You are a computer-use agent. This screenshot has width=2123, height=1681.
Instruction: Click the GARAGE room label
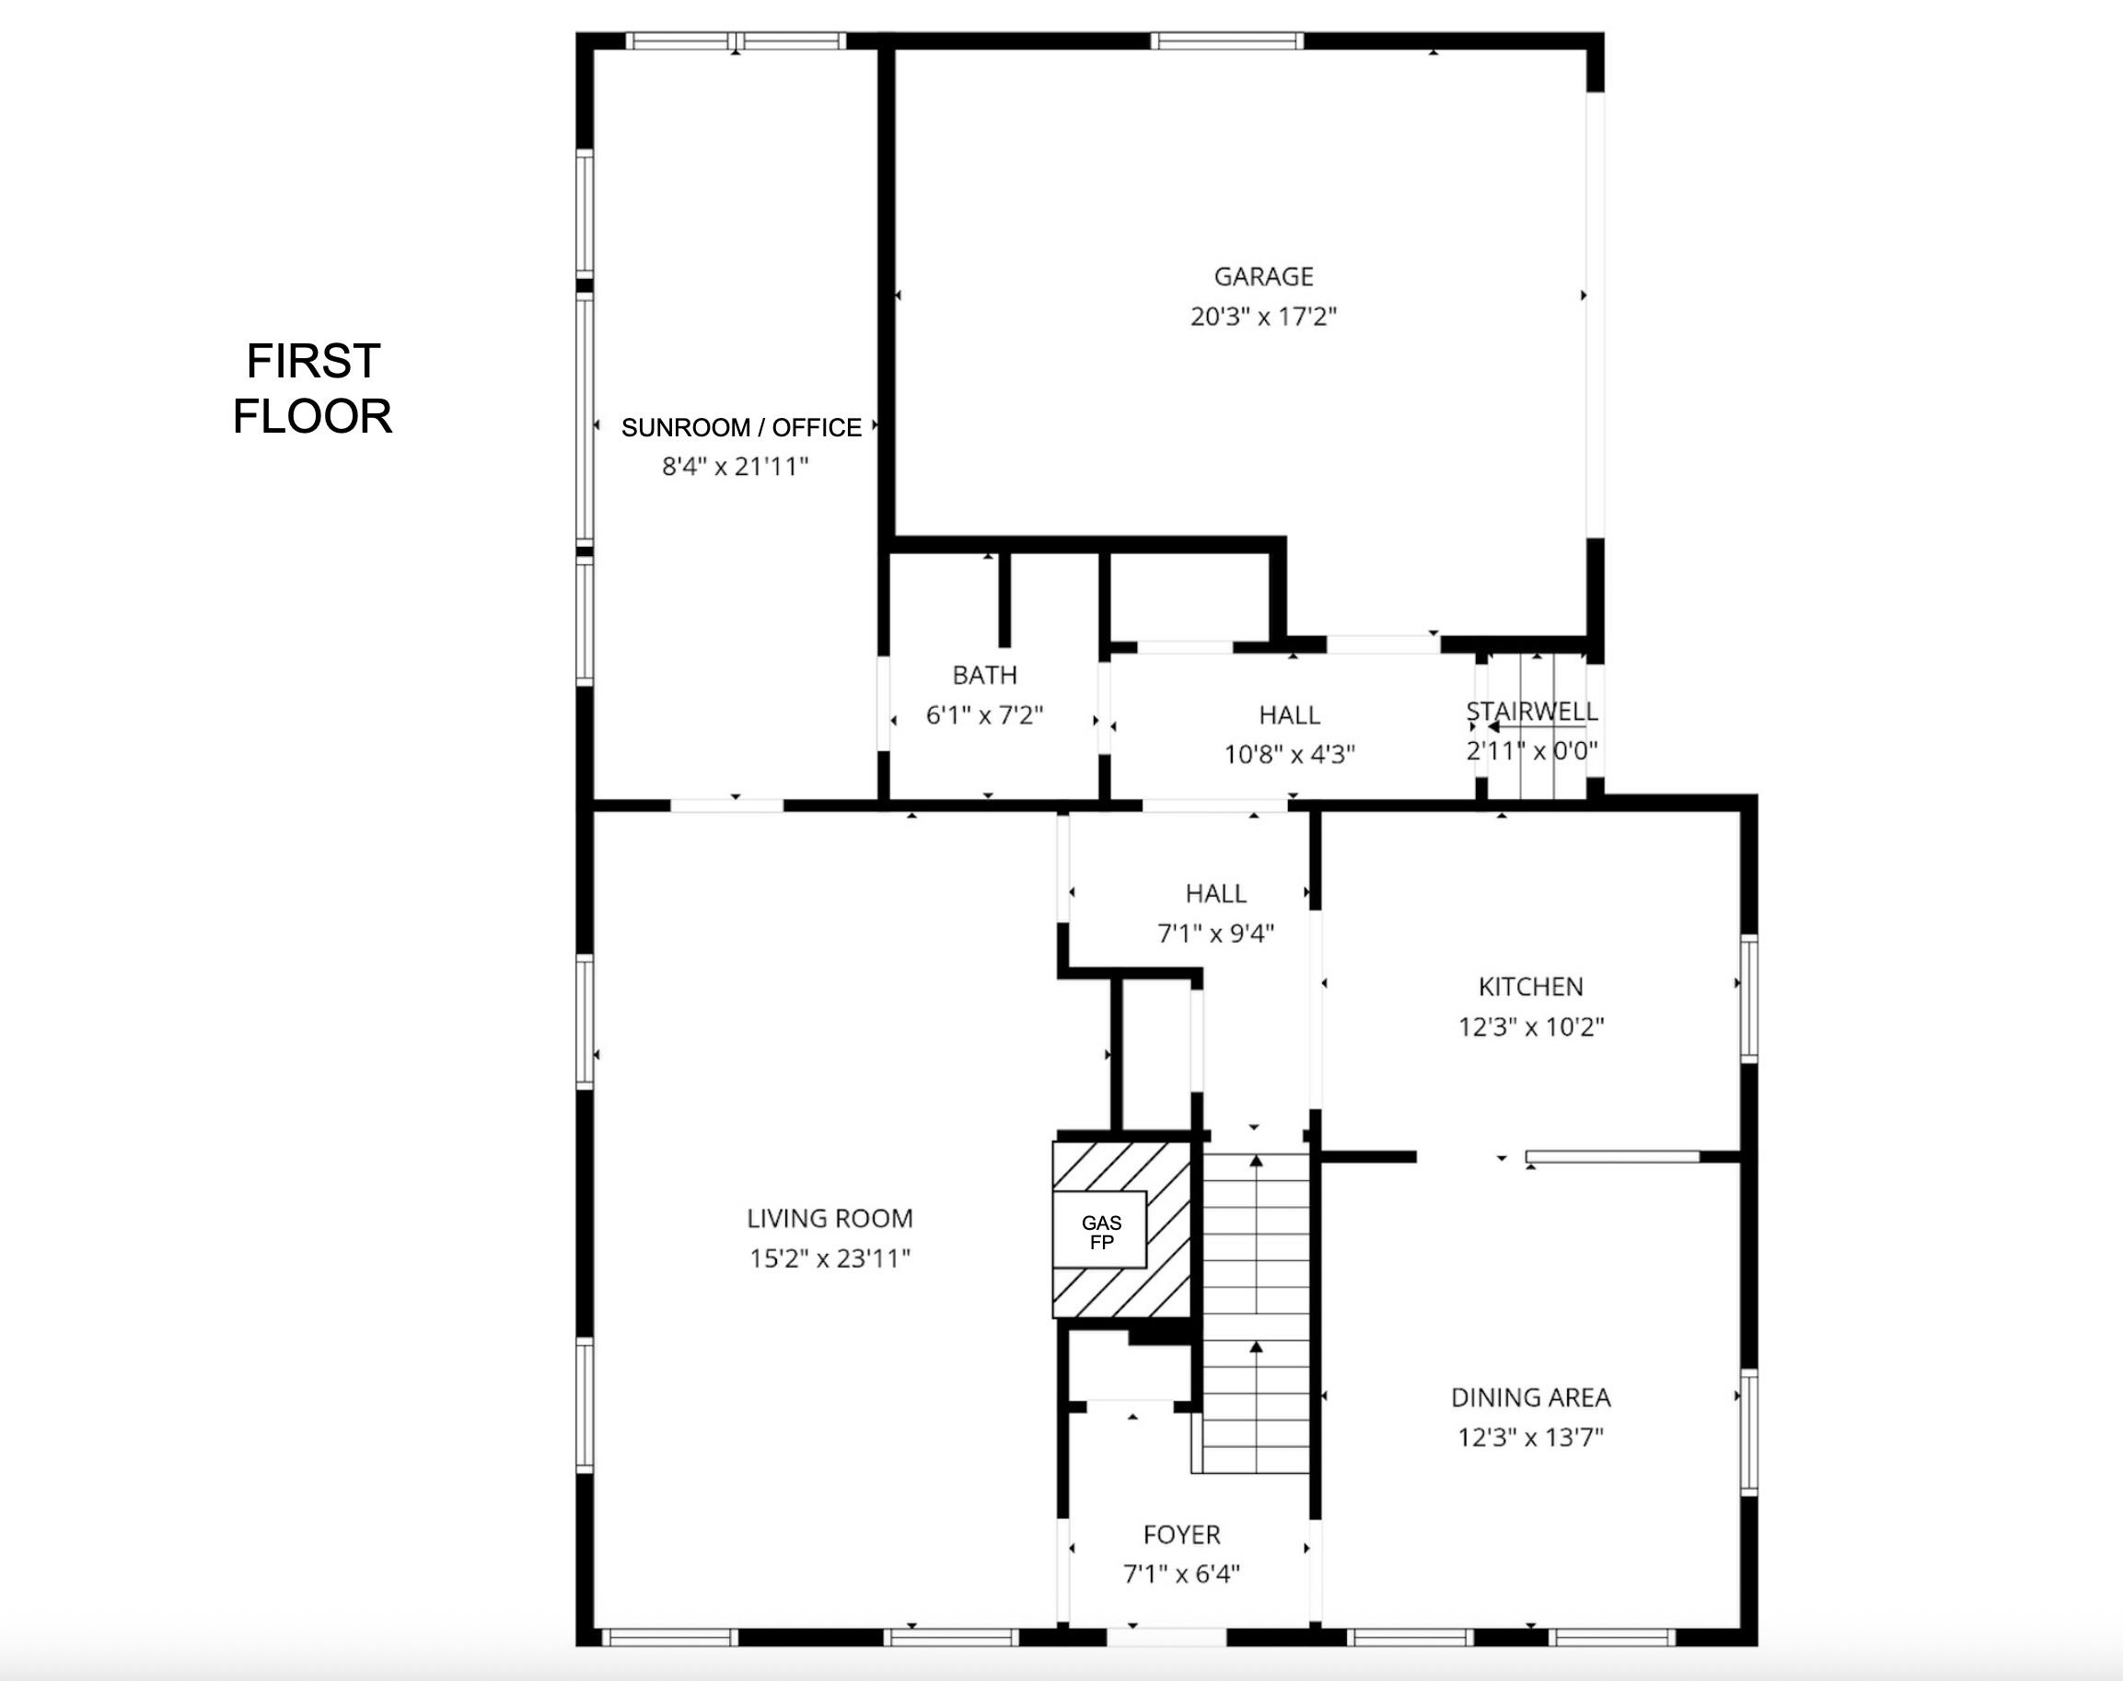1263,276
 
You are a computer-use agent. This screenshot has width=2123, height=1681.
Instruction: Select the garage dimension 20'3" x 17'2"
1263,317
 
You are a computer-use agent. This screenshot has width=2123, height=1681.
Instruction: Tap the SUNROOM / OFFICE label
741,427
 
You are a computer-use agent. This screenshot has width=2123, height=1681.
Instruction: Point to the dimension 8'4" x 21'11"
735,467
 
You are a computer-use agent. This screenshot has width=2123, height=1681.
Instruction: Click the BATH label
984,675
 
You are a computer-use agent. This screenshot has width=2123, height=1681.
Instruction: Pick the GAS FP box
1100,1232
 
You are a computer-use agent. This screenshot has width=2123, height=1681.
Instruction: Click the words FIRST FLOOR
312,388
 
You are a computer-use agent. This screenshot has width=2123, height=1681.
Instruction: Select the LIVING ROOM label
829,1219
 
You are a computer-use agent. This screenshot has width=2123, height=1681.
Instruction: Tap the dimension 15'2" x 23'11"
829,1258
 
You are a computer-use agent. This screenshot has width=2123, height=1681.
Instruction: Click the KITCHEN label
1530,987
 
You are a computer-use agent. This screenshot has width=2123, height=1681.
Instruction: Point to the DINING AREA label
1530,1397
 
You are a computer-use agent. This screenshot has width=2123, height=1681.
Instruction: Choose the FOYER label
1181,1535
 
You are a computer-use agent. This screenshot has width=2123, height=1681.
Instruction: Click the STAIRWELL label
1531,712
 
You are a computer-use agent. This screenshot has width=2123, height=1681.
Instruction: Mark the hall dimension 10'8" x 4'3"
1289,755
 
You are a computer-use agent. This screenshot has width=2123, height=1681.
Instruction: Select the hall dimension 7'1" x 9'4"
1215,933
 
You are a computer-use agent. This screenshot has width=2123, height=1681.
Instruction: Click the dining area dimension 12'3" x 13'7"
1530,1438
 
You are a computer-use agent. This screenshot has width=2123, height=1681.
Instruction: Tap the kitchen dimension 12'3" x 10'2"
1530,1027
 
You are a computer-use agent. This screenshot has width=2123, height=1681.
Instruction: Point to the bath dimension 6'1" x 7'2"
984,715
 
